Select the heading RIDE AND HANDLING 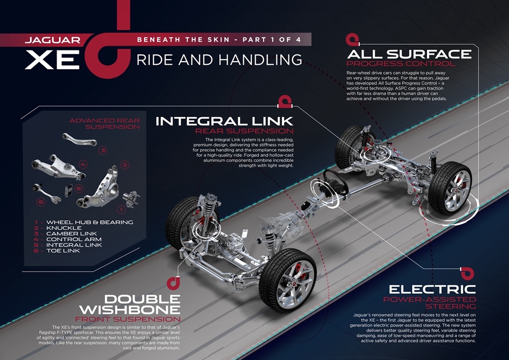(x=219, y=60)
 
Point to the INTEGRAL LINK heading (x=224, y=121)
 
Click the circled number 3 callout (x=102, y=150)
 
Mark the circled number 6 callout (x=41, y=202)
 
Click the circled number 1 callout (x=121, y=208)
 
